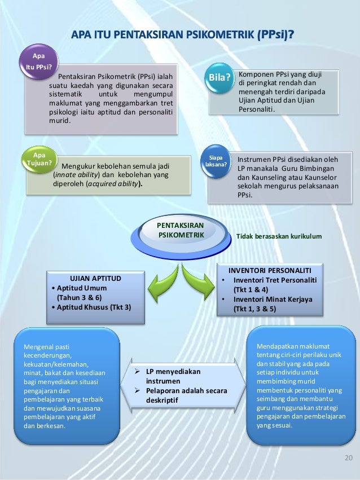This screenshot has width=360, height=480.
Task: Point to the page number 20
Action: [348, 457]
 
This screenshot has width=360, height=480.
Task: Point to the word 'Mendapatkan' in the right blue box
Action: [278, 346]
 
